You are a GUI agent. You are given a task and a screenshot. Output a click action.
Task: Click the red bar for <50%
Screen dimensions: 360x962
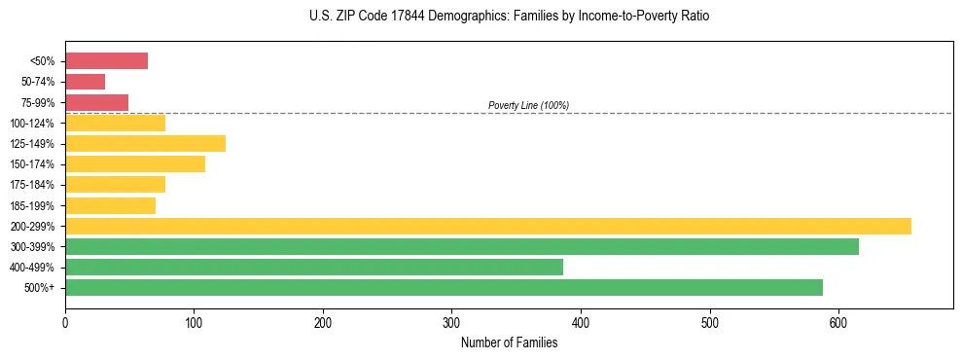coord(106,61)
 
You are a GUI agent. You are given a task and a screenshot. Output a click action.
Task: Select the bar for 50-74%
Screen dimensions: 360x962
coord(85,82)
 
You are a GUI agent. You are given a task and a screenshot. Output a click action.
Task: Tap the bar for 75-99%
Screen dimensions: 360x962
coord(96,102)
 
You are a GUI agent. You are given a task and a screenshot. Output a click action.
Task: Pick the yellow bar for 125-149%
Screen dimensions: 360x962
coord(145,144)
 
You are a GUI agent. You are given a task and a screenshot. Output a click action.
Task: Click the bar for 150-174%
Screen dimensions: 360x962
coord(135,164)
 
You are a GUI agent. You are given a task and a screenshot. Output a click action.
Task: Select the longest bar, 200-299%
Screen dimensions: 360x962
coord(487,227)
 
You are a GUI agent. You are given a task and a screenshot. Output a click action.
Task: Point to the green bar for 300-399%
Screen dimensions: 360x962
coord(461,247)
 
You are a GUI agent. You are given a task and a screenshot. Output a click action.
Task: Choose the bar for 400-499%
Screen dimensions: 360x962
coord(313,268)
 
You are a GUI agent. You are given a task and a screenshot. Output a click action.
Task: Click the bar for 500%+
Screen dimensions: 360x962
coord(444,288)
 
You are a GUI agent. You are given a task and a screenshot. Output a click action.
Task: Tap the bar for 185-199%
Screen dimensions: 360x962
coord(110,205)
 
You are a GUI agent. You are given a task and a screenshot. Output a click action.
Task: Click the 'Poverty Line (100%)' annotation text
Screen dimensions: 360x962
coord(528,105)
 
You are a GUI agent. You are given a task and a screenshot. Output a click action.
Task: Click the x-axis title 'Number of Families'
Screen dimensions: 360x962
coord(509,342)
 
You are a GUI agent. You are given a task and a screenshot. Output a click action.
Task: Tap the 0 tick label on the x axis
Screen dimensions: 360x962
coord(65,323)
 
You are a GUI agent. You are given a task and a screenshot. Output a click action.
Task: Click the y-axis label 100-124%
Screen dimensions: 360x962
coord(32,124)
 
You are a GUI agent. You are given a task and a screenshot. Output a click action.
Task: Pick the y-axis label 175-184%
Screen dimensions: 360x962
coord(32,185)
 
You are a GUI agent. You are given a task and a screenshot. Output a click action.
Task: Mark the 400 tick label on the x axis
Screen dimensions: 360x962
coord(581,323)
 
